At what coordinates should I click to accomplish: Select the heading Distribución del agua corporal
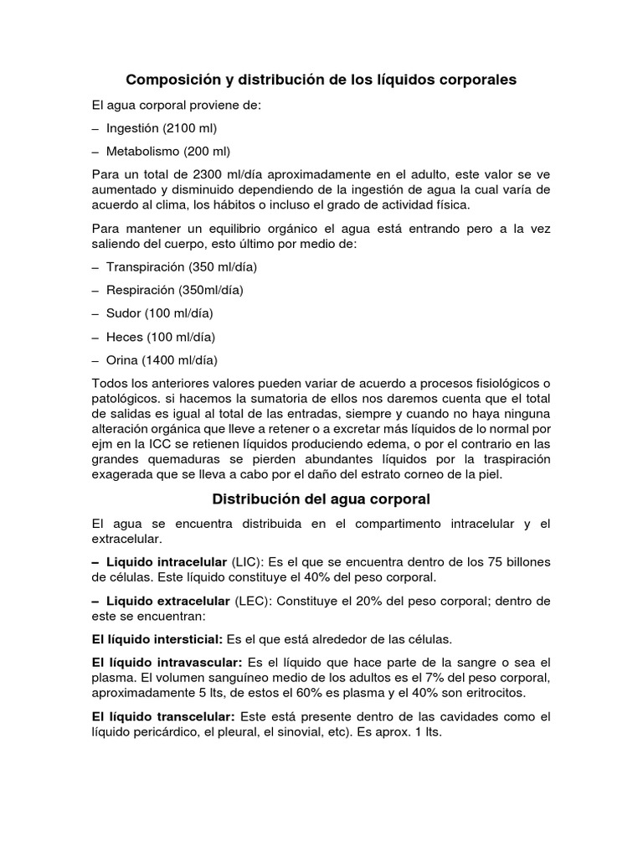[x=321, y=499]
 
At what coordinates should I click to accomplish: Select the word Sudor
[x=123, y=313]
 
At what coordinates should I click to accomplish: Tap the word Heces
[x=124, y=337]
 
